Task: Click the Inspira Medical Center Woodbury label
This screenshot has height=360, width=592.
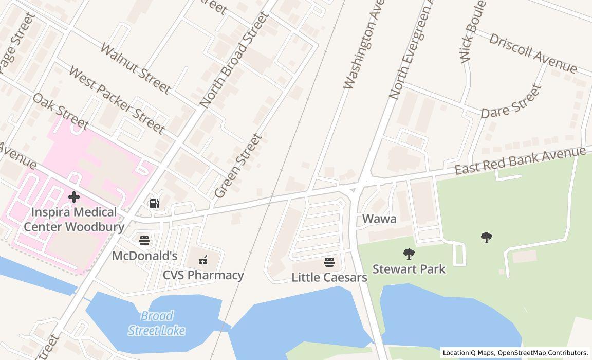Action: (x=74, y=220)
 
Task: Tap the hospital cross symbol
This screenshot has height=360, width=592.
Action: (x=74, y=196)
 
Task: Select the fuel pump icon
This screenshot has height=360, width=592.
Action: (x=154, y=204)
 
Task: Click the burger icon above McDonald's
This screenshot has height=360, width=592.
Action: (x=144, y=240)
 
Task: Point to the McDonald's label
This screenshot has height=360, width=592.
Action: (x=144, y=256)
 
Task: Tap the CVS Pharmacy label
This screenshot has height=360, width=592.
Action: (x=203, y=275)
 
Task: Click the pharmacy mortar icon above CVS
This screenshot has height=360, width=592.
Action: (x=203, y=260)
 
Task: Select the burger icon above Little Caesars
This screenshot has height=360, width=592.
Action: (x=329, y=262)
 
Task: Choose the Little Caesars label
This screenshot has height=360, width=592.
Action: (x=329, y=278)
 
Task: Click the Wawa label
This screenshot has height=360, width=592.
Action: (x=379, y=219)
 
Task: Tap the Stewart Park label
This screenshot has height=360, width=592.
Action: (x=409, y=269)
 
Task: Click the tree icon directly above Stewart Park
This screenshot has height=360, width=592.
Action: (x=409, y=254)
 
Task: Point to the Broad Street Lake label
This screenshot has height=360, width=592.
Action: (x=156, y=323)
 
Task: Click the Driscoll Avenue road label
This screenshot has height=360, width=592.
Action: (x=533, y=53)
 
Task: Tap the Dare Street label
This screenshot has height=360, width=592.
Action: (x=512, y=102)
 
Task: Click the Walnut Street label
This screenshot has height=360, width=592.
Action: (x=135, y=68)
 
